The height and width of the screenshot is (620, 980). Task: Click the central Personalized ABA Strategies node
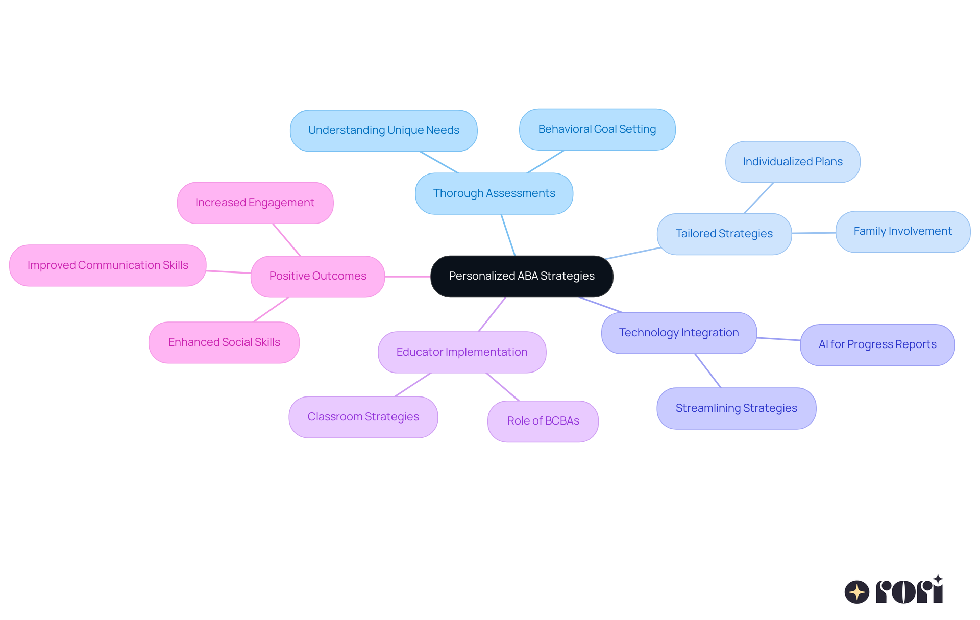point(522,276)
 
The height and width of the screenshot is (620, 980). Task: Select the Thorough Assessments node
point(494,193)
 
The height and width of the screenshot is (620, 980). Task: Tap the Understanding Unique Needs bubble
point(383,130)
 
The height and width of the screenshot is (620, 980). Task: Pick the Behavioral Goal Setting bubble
point(597,129)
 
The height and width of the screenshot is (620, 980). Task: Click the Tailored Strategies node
point(724,234)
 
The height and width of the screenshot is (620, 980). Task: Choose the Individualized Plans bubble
point(793,162)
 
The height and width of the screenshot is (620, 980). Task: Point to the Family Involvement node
point(902,231)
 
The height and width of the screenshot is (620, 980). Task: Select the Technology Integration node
point(679,333)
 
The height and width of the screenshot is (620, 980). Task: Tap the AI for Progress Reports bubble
point(877,344)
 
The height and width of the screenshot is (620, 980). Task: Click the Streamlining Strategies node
point(736,408)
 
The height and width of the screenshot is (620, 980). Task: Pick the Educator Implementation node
point(462,352)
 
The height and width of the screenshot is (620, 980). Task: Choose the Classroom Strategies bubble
point(363,417)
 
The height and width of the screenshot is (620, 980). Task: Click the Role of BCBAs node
point(543,421)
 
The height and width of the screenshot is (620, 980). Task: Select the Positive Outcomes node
point(317,276)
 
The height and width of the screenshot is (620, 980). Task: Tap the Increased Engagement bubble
point(255,203)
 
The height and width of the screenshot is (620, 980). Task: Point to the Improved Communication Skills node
point(108,265)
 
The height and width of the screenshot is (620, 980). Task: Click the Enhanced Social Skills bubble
point(224,342)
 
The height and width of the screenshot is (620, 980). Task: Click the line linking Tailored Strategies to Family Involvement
point(814,233)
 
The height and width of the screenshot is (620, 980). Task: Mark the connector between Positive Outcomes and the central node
point(407,277)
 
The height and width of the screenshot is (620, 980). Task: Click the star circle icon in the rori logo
point(857,592)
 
